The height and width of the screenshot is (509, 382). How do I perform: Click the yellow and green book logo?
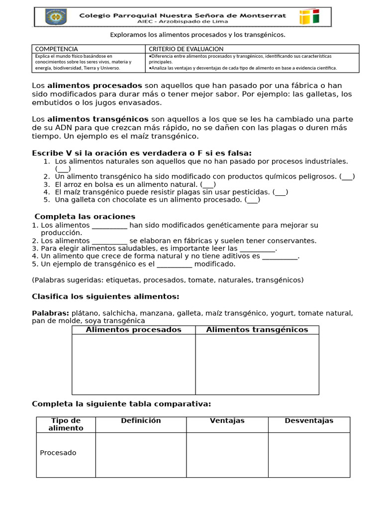click(309, 17)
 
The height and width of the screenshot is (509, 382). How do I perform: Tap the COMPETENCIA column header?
click(56, 49)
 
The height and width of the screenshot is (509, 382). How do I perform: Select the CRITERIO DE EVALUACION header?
click(186, 49)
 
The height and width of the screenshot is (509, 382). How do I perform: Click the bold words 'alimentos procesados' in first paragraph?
click(95, 85)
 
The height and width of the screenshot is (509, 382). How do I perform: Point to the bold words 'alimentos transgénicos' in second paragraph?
click(97, 119)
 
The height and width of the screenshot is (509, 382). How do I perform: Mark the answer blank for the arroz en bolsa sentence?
click(208, 184)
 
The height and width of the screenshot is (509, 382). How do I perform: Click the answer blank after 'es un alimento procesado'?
click(253, 200)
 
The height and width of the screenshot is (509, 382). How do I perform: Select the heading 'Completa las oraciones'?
click(85, 217)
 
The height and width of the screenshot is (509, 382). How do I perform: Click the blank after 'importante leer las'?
click(257, 249)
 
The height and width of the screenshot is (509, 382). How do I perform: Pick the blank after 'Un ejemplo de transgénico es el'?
click(175, 264)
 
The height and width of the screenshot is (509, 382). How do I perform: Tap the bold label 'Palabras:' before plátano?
click(50, 313)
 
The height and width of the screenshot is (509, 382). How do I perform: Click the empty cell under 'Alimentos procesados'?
click(133, 364)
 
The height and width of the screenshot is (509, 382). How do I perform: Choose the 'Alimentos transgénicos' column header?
click(257, 330)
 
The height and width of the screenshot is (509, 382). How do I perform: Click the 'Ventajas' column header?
click(227, 421)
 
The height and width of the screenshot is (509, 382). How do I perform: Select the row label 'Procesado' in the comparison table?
click(58, 453)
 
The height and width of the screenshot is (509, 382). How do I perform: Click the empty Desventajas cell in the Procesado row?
click(308, 454)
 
